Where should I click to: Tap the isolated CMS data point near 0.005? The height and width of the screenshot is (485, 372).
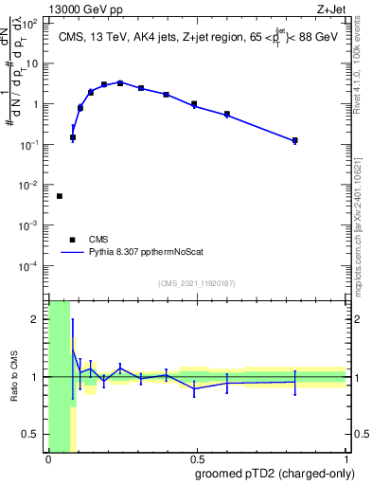60,196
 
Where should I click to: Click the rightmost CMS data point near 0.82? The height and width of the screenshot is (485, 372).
295,140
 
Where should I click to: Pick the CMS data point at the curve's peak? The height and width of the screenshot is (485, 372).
120,82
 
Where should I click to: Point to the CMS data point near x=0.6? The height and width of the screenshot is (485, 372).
227,115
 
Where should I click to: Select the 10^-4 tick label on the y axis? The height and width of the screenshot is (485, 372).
31,266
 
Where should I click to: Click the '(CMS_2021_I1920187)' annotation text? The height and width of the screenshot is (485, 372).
196,283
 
